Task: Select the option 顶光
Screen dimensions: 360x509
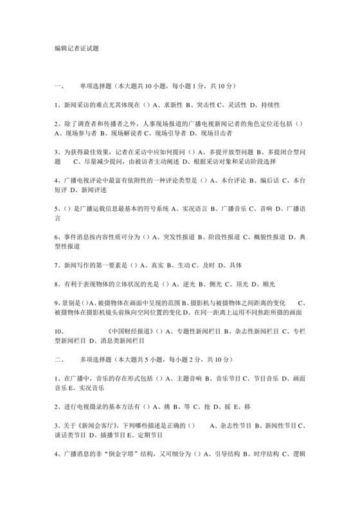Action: pos(250,283)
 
